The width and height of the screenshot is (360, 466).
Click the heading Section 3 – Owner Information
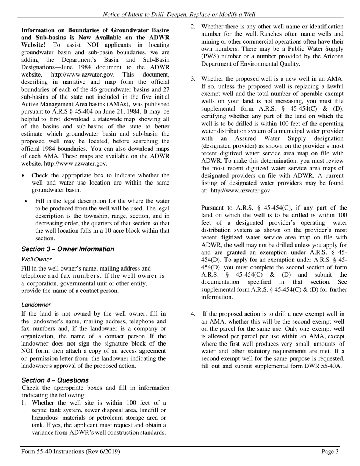tap(67, 249)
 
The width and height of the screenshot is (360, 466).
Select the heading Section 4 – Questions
tap(55, 380)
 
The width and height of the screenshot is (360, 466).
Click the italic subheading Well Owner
tap(36, 260)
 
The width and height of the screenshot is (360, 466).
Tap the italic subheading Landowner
tap(36, 305)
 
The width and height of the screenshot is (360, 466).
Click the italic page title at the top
tap(179, 14)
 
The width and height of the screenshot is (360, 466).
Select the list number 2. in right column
tap(193, 27)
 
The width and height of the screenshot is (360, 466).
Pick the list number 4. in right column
tap(193, 314)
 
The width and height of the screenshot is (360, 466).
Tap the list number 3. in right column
tap(193, 79)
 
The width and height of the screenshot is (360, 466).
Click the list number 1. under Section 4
tap(24, 403)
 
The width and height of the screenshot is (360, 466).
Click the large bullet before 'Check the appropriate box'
tap(23, 175)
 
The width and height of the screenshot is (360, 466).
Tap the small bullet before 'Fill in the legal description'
tap(26, 201)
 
